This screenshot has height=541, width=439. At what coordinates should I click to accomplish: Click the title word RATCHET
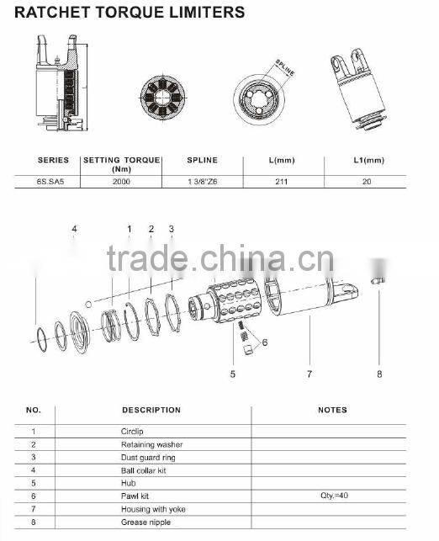pos(50,13)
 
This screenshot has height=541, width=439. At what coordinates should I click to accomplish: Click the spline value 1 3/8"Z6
pos(202,181)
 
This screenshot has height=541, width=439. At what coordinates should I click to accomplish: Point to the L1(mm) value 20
pos(366,181)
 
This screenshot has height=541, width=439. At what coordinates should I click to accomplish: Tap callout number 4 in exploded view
pos(74,230)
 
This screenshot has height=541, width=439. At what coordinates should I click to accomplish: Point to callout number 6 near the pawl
pos(264,342)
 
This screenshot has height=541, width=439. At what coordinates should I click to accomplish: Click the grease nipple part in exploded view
pos(379,280)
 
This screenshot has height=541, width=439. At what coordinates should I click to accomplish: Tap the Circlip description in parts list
pos(134,431)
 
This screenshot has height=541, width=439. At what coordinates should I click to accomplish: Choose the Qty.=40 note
pos(334,496)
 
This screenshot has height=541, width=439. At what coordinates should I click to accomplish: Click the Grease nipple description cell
pos(145,522)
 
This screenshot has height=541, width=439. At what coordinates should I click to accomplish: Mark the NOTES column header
pos(332,411)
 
